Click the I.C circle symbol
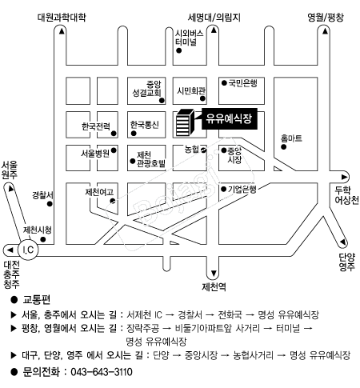pos(28,250)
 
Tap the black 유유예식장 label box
pos(230,118)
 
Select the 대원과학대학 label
pos(62,18)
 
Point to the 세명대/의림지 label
pos(214,18)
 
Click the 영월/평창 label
pos(326,18)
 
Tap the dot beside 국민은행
pos(224,83)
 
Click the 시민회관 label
pos(191,91)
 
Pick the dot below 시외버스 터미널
pos(179,50)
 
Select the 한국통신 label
pos(145,125)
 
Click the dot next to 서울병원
pos(114,150)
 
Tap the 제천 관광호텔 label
pos(151,159)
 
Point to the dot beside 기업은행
pos(224,190)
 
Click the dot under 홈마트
pos(283,147)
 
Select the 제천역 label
pos(214,287)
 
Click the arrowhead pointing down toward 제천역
pos(214,274)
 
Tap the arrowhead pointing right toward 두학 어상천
pos(344,177)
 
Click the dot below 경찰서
pos(50,204)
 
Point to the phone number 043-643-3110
pos(102,372)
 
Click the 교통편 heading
pos(37,299)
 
